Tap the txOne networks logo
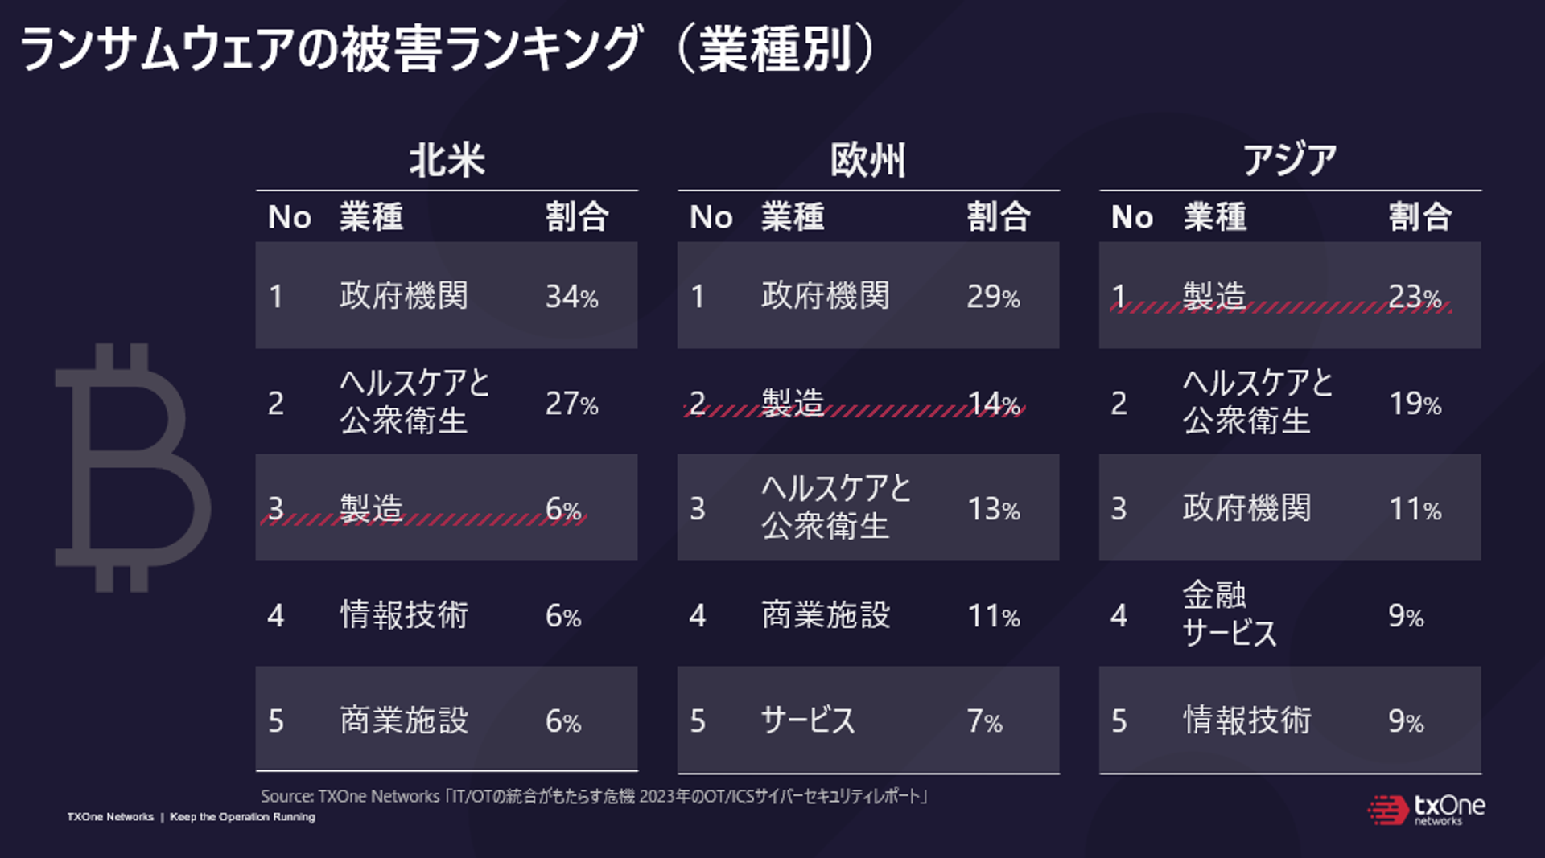[1426, 810]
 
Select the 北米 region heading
[447, 160]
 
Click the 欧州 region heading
[867, 160]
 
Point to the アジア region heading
[1289, 160]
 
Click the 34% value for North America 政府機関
[571, 297]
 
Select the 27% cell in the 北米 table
[571, 403]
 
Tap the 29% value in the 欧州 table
[993, 297]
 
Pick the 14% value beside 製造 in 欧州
[993, 403]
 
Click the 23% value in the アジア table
[1415, 297]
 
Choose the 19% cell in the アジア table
[1415, 403]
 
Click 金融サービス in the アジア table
[1230, 614]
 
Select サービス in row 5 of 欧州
[808, 720]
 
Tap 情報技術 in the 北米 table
[404, 615]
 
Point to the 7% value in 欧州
[984, 721]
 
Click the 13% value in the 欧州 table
[993, 509]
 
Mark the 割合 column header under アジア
[1419, 217]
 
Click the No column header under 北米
[289, 217]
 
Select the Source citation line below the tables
[594, 796]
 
